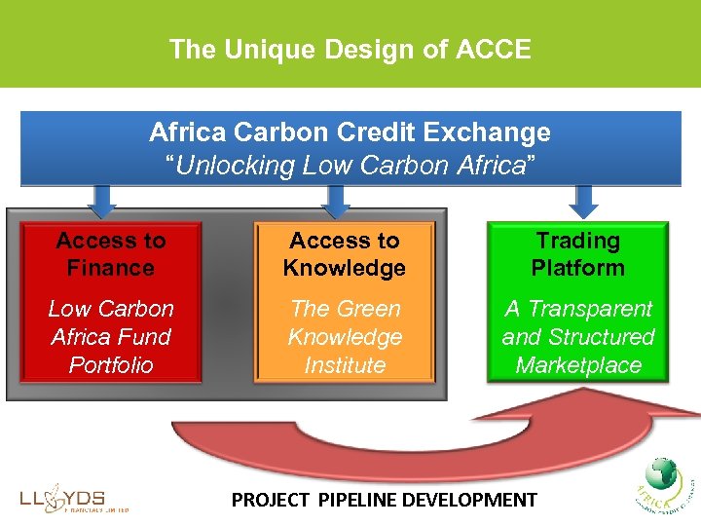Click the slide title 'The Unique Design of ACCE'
[x=350, y=49]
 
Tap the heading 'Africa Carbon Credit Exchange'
[x=350, y=132]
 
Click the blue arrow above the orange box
[x=336, y=200]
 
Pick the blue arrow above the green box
[x=583, y=200]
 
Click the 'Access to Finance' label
[x=111, y=254]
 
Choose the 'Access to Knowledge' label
[x=345, y=254]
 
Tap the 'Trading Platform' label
[x=577, y=254]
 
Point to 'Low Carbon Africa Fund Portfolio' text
[x=111, y=337]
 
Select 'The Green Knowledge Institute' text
[x=345, y=337]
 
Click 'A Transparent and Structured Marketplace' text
[x=577, y=337]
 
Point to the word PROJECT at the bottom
[x=267, y=501]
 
